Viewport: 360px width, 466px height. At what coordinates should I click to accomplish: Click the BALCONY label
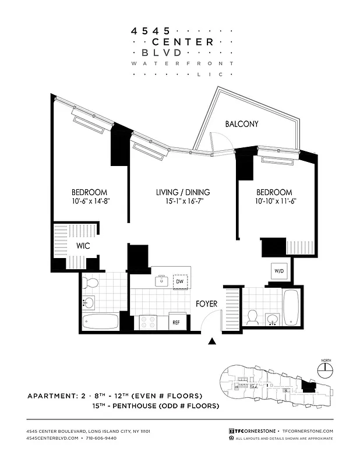241,124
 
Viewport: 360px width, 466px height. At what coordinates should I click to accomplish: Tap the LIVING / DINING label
183,192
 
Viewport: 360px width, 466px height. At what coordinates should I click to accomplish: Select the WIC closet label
83,246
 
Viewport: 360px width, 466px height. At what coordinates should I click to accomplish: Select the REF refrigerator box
175,322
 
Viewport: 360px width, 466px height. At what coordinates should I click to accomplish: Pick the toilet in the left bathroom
90,284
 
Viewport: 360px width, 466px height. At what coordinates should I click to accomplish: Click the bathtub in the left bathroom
101,322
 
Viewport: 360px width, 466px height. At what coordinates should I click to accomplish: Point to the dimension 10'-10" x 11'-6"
275,201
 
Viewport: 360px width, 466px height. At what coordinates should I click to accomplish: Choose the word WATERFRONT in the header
182,63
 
